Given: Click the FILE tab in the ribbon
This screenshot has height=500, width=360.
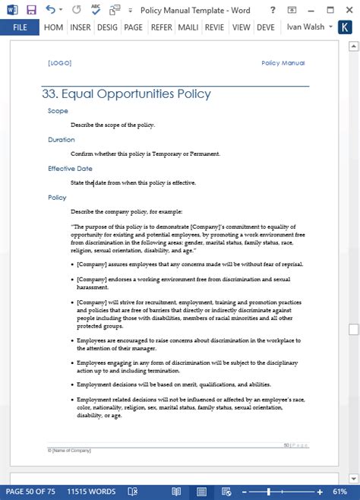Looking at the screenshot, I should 21,27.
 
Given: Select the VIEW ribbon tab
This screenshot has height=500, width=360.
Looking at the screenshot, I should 242,27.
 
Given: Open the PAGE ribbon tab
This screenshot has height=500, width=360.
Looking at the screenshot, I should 134,27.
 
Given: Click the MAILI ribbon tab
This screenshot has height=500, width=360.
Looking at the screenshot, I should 188,27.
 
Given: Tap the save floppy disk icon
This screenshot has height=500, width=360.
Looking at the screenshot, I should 31,10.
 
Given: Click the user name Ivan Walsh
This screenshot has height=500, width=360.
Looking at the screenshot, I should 305,27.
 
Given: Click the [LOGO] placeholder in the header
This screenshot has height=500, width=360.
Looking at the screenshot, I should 60,63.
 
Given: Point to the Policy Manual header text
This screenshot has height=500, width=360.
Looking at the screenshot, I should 283,63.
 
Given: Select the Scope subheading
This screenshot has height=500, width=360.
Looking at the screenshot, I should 58,111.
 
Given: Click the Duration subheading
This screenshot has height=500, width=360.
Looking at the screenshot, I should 61,140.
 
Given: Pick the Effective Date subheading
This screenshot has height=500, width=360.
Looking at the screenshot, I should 70,169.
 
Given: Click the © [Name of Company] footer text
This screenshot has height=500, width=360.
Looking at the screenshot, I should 69,451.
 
